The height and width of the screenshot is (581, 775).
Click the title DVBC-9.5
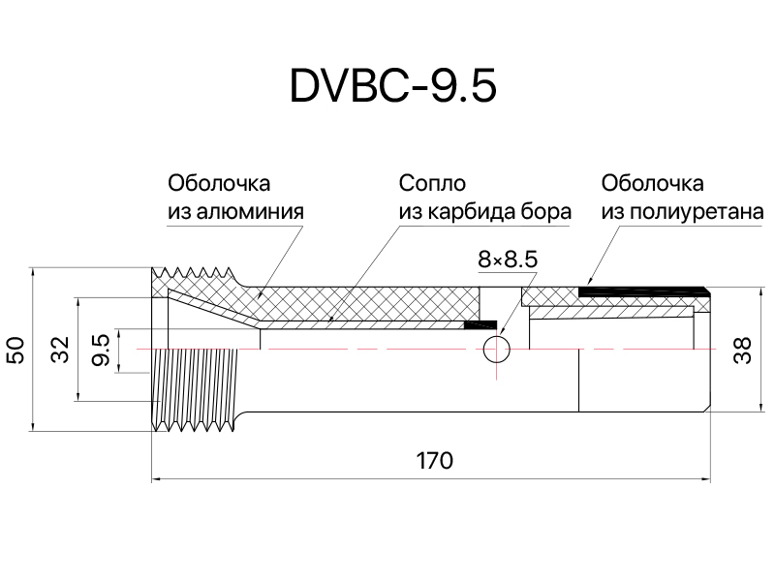393,86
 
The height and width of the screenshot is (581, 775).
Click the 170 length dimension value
434,461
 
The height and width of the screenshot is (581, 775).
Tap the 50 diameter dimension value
15,350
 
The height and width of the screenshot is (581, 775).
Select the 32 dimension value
61,350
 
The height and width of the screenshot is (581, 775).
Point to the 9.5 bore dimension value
102,350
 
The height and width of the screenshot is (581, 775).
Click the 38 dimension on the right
742,351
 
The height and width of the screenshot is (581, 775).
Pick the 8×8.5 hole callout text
508,260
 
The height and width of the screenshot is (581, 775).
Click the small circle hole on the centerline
496,350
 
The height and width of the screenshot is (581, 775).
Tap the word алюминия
250,212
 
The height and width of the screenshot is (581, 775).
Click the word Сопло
432,183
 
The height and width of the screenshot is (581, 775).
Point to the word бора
546,212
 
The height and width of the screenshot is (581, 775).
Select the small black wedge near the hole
480,324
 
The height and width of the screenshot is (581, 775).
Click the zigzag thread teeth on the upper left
193,273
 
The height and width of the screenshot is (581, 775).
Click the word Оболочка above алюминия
219,183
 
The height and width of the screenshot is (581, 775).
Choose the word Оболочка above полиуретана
652,183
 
